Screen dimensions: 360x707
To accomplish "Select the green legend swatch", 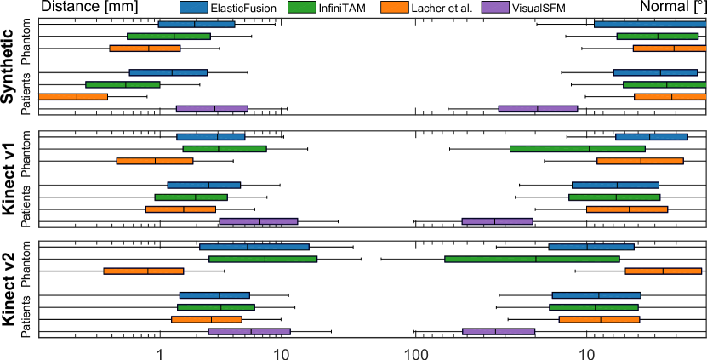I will [302, 7].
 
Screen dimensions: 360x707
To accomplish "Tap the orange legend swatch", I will [395, 7].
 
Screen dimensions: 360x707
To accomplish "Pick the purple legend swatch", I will [495, 7].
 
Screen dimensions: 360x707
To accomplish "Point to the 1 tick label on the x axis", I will [160, 351].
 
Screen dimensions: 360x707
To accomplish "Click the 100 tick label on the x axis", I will [415, 351].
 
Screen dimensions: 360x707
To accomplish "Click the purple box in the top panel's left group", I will [212, 109].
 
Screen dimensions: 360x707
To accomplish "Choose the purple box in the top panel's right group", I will [538, 109].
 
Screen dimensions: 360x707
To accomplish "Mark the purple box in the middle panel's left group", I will [258, 221].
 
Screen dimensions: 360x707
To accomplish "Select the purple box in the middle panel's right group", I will [497, 221].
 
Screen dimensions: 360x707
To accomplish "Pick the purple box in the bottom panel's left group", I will [249, 332].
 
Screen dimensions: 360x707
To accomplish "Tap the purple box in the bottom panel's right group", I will [499, 332].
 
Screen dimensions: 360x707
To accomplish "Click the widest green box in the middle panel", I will [577, 149].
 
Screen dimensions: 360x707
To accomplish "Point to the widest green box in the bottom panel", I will [532, 259].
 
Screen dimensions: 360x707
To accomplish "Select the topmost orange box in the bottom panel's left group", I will [143, 271].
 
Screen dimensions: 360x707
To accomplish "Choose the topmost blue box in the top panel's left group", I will [197, 24].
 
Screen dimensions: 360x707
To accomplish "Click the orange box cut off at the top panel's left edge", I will [73, 97].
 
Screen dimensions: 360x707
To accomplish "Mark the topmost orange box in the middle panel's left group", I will [155, 161].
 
